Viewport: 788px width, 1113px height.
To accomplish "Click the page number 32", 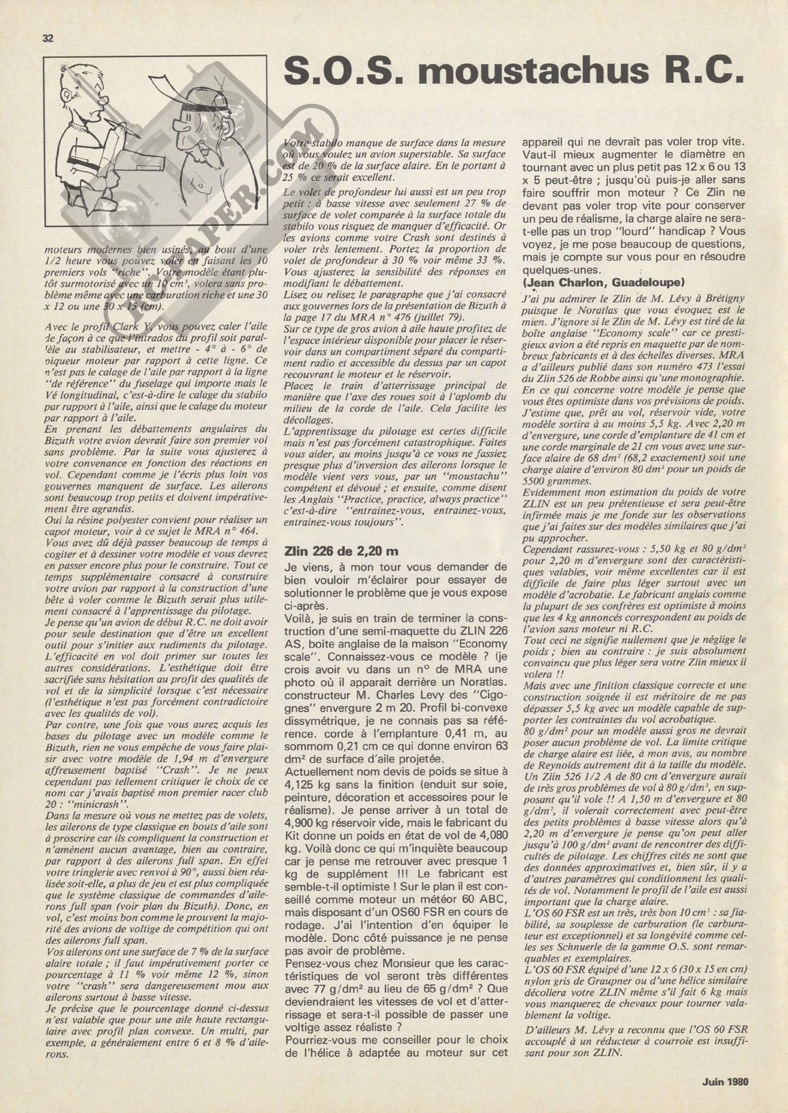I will pos(48,37).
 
